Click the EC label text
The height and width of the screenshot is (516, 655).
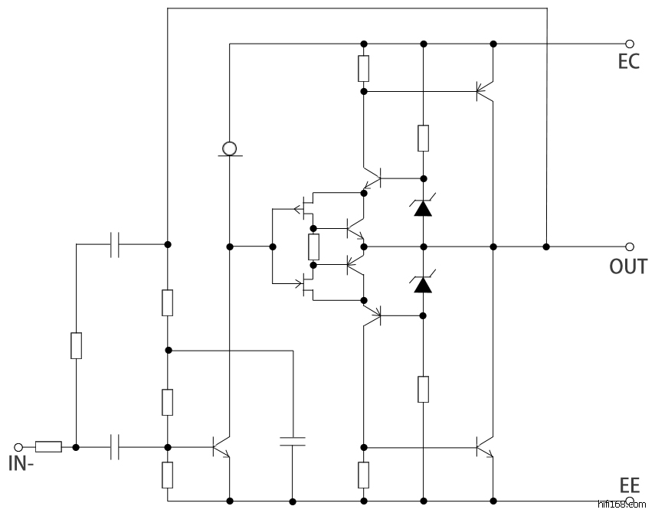(x=628, y=62)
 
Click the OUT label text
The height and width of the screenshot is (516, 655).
(x=627, y=266)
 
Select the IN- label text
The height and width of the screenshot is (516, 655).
(x=21, y=463)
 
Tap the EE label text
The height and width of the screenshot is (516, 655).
(x=629, y=485)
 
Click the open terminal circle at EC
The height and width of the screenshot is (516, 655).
(x=630, y=44)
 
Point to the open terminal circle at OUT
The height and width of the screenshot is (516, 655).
(x=630, y=247)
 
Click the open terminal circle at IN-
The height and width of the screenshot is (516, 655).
(x=20, y=446)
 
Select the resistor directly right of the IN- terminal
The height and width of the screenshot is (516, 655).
(x=48, y=446)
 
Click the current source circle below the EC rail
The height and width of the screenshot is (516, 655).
(x=229, y=147)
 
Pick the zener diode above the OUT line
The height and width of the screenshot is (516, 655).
(x=423, y=207)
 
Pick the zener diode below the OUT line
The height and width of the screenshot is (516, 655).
(x=423, y=284)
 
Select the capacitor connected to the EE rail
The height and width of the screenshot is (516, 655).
(x=292, y=441)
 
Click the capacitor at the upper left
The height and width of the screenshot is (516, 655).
(x=116, y=244)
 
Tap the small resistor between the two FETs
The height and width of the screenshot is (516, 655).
(x=313, y=247)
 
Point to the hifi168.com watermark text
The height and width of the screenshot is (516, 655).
(x=621, y=505)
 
